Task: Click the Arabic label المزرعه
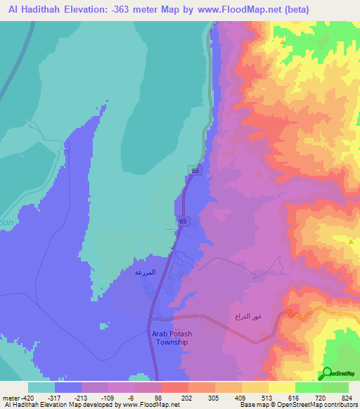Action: pos(146,271)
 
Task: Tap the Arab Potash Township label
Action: pos(170,338)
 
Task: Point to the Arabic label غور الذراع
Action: pos(248,317)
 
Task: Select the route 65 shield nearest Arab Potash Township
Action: pos(183,221)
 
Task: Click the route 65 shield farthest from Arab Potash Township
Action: pos(195,170)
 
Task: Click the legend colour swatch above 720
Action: pos(308,387)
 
